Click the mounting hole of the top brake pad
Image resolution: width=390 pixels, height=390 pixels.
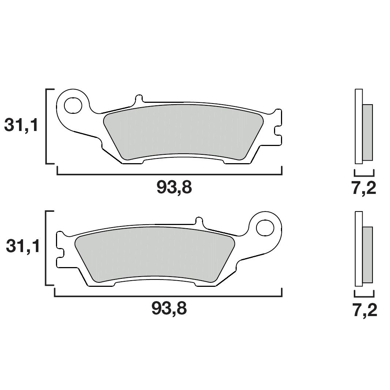pyautogui.click(x=73, y=105)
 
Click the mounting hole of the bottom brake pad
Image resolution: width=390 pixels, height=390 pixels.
pyautogui.click(x=265, y=228)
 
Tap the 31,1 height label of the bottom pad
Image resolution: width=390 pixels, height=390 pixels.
pyautogui.click(x=23, y=247)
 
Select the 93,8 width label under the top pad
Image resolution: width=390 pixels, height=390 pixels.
pyautogui.click(x=174, y=188)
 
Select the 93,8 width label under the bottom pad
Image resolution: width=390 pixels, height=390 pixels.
pyautogui.click(x=169, y=310)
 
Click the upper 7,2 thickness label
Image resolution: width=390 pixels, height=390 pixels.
pyautogui.click(x=364, y=188)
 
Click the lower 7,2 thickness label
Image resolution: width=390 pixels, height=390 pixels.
pyautogui.click(x=365, y=311)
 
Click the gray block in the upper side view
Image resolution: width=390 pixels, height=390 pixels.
pyautogui.click(x=367, y=132)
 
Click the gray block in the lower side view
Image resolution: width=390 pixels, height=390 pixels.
pyautogui.click(x=367, y=255)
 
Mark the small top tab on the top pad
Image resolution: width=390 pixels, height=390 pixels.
pyautogui.click(x=139, y=98)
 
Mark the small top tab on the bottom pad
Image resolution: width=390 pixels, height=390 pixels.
pyautogui.click(x=199, y=221)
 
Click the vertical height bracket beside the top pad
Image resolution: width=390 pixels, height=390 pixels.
pyautogui.click(x=46, y=126)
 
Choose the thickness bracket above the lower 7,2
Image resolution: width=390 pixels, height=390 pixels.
pyautogui.click(x=364, y=293)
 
